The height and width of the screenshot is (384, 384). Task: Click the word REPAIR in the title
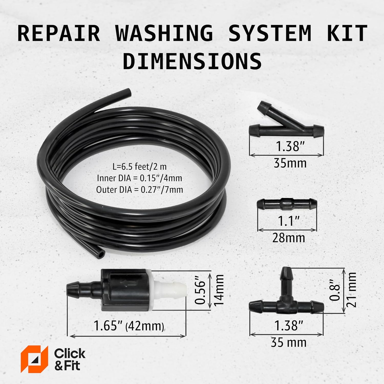pos(59,33)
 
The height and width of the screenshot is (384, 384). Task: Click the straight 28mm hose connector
pos(287,204)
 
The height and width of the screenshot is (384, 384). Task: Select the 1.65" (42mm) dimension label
pos(129,326)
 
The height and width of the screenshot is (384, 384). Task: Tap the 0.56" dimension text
pos(200,292)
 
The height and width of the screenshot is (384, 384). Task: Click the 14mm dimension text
pos(219,290)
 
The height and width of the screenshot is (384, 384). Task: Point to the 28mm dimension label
pos(289,238)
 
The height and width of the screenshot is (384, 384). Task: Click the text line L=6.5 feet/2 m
pos(140,167)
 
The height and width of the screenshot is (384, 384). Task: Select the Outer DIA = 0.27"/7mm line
pos(140,190)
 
